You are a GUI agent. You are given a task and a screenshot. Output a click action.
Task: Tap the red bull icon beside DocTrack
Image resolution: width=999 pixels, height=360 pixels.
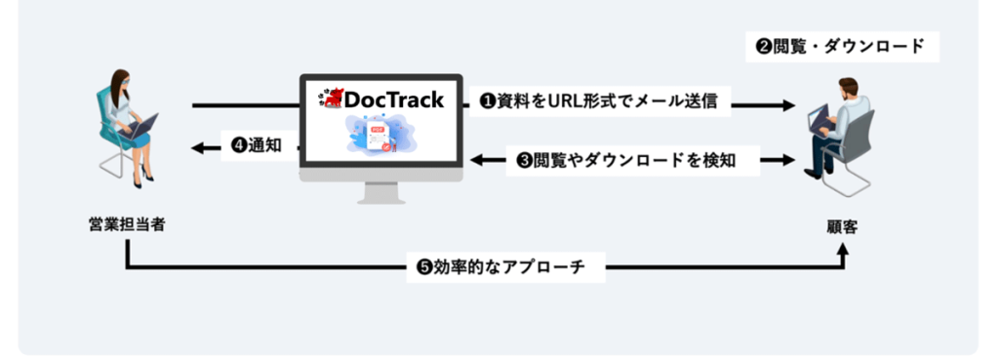click(x=331, y=98)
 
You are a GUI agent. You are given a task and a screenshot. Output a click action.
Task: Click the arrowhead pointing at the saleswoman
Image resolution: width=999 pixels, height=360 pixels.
click(x=199, y=147)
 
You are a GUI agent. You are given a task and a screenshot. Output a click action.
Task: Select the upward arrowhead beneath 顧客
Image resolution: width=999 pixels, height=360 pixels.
click(x=845, y=250)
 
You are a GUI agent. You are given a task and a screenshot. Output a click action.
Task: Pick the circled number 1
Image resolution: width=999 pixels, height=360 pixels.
click(x=487, y=101)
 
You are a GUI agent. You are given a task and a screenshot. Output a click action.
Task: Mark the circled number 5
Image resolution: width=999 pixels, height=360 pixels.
click(x=424, y=266)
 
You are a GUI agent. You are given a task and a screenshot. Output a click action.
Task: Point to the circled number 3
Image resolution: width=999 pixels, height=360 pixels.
click(x=522, y=161)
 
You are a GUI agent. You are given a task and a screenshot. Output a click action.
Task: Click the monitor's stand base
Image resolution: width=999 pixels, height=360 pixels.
click(x=380, y=197)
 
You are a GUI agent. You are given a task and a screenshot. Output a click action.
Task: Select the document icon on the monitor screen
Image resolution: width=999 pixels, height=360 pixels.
click(x=377, y=138)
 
